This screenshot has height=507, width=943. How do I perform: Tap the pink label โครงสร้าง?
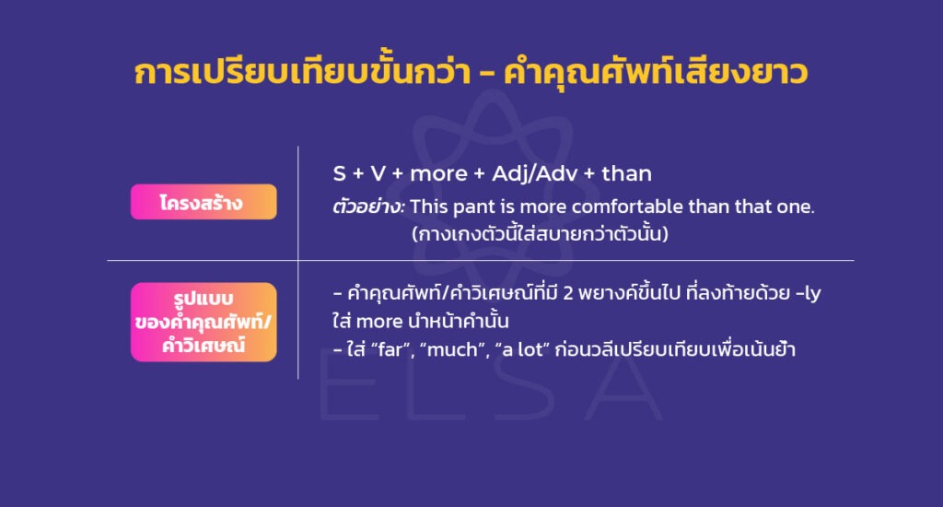point(204,202)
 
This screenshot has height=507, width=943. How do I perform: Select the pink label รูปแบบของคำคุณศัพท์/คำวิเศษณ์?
point(204,322)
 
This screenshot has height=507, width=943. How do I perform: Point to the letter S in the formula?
point(339,173)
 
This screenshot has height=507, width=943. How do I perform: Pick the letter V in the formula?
point(379,173)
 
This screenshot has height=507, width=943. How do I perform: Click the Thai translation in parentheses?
point(540,234)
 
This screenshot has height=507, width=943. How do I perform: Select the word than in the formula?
point(626,173)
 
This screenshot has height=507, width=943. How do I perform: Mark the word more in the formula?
point(437,173)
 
